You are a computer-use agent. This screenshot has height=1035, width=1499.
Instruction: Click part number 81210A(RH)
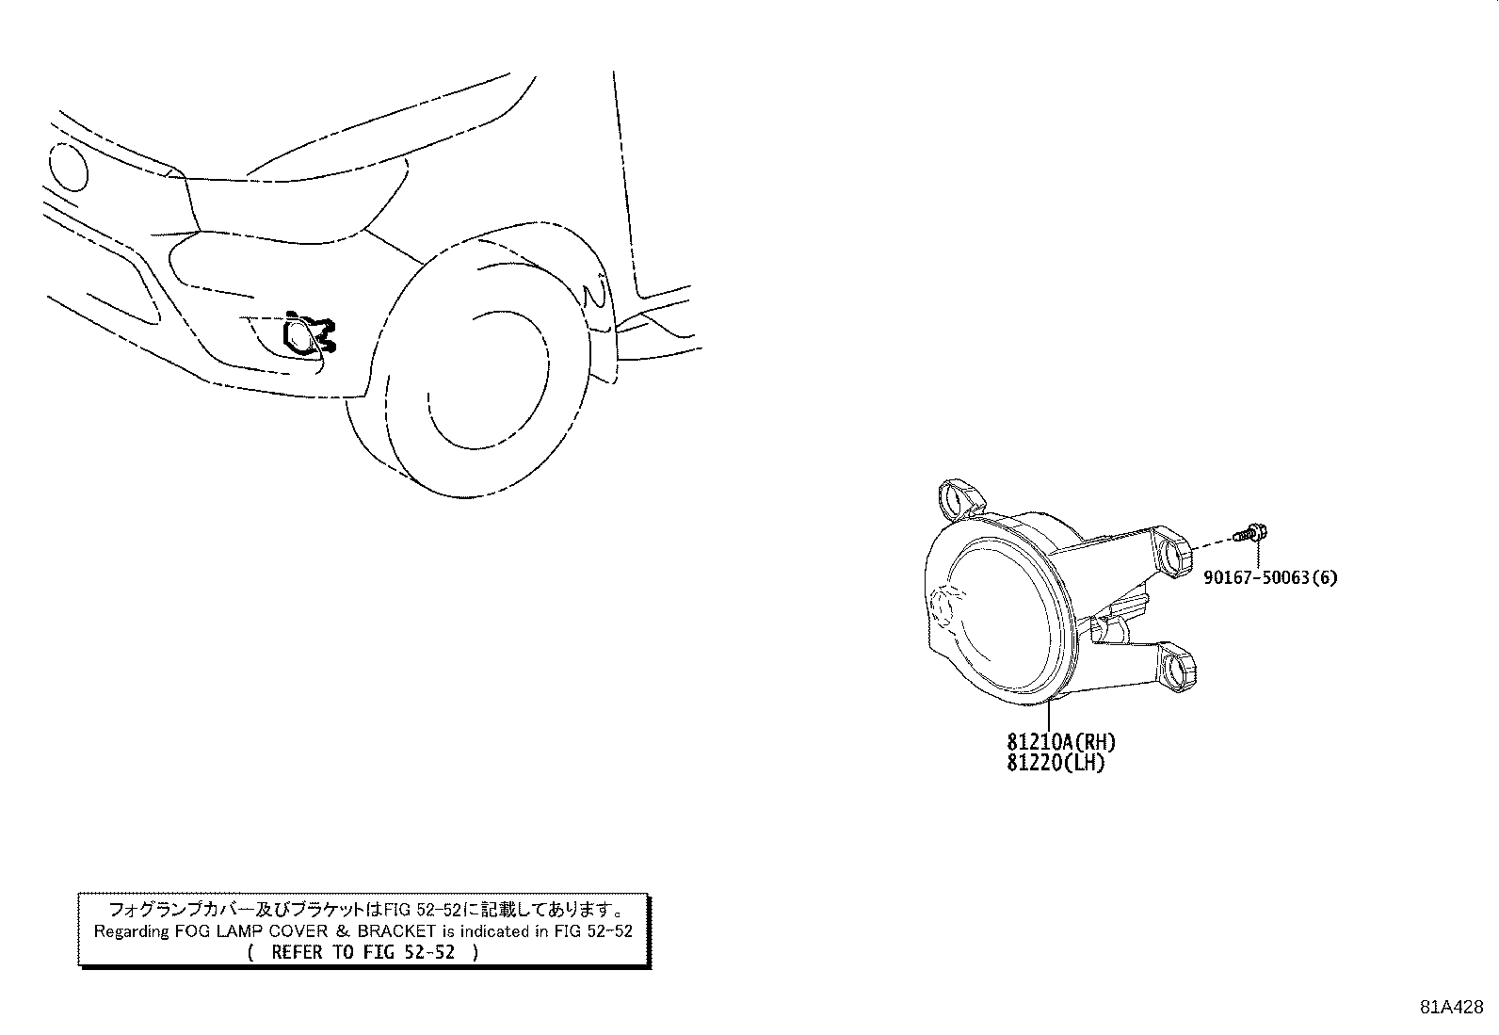1061,742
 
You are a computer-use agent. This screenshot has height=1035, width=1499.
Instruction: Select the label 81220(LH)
1056,763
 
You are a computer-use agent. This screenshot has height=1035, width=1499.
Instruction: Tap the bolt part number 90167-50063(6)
1270,577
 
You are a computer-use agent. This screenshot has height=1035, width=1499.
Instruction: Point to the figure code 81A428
1452,1007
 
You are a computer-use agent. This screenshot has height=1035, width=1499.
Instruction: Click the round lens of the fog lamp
1004,620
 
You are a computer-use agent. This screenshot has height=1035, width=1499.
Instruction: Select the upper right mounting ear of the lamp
1174,554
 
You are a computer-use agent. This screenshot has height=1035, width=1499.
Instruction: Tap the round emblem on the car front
68,166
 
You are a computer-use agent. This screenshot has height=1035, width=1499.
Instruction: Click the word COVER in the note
298,931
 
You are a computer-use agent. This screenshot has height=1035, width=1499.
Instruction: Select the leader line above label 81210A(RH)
1048,714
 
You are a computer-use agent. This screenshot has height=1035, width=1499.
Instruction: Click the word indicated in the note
494,931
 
